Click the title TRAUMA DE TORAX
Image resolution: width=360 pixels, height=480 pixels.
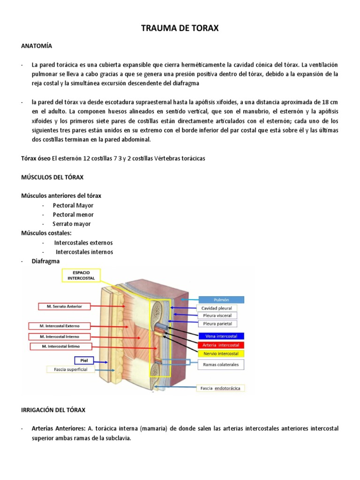tap(180, 29)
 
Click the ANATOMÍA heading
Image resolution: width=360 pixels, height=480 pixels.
tap(37, 46)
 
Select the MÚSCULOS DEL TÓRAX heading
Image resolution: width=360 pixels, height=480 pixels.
tap(52, 177)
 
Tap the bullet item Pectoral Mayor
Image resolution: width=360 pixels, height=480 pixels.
tap(73, 205)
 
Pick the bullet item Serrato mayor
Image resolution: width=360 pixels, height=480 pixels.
tap(71, 224)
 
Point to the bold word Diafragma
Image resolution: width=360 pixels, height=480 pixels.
tap(45, 262)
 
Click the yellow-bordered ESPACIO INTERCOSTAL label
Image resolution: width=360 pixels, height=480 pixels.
tap(81, 275)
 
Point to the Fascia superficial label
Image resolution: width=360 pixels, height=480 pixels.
tap(74, 369)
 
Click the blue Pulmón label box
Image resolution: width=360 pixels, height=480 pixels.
tap(221, 300)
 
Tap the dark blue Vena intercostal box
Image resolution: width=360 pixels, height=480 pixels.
tap(221, 336)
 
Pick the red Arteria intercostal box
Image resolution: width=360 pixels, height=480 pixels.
tap(221, 345)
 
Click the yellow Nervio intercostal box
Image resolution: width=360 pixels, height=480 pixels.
tap(221, 353)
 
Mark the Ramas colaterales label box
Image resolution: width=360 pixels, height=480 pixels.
tap(221, 364)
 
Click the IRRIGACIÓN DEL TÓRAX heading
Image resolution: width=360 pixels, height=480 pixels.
tap(53, 410)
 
